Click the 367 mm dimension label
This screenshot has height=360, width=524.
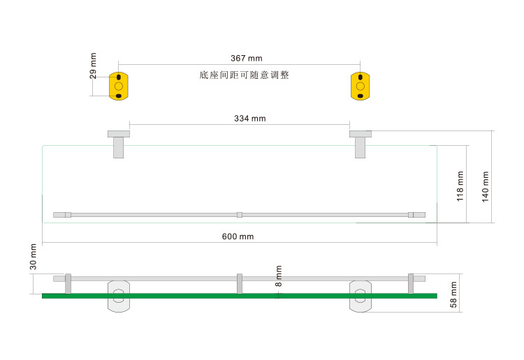tap(246, 59)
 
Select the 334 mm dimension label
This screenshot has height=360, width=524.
tap(249, 119)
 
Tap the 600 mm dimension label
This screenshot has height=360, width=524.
tap(238, 237)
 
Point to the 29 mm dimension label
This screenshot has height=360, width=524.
tap(94, 66)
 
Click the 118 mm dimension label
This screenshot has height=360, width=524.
tap(460, 185)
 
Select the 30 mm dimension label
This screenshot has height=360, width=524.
tap(33, 257)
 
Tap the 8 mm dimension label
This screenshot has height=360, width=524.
tap(279, 276)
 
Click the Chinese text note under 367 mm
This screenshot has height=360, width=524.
tap(244, 75)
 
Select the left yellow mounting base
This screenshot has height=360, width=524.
tap(119, 85)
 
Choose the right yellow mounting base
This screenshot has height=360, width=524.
tap(360, 85)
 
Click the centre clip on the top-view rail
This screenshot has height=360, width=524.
tap(240, 215)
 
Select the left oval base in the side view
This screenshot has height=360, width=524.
tap(118, 296)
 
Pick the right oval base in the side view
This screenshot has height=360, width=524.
tap(361, 296)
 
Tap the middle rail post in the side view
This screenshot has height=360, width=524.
tap(240, 283)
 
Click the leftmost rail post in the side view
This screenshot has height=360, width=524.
tap(68, 283)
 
